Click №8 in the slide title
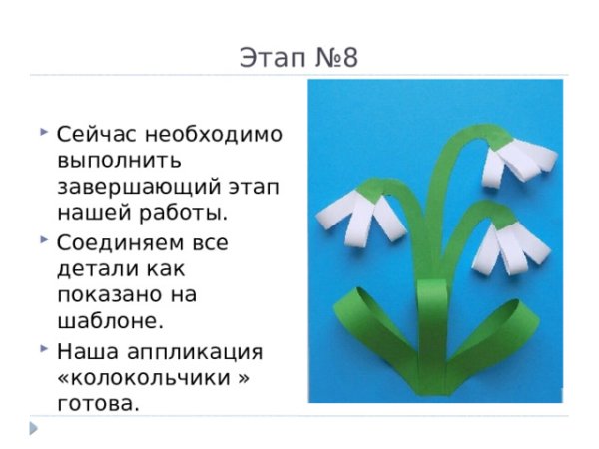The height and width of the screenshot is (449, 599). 333,58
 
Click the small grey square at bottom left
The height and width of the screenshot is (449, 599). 34,428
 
